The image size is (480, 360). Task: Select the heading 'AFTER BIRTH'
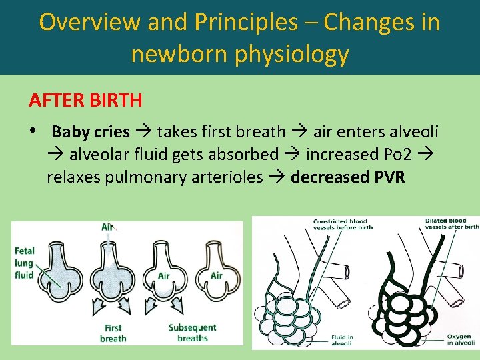pos(85,101)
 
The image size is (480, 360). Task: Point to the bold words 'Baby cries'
pos(91,131)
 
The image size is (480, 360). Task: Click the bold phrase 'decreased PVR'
pos(347,177)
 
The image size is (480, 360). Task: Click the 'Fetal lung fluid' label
pos(25,263)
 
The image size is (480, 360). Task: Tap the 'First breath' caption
pos(113,333)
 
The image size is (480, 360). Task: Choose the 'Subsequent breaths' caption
pos(192,333)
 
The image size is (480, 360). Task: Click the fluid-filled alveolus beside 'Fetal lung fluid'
pos(63,273)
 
